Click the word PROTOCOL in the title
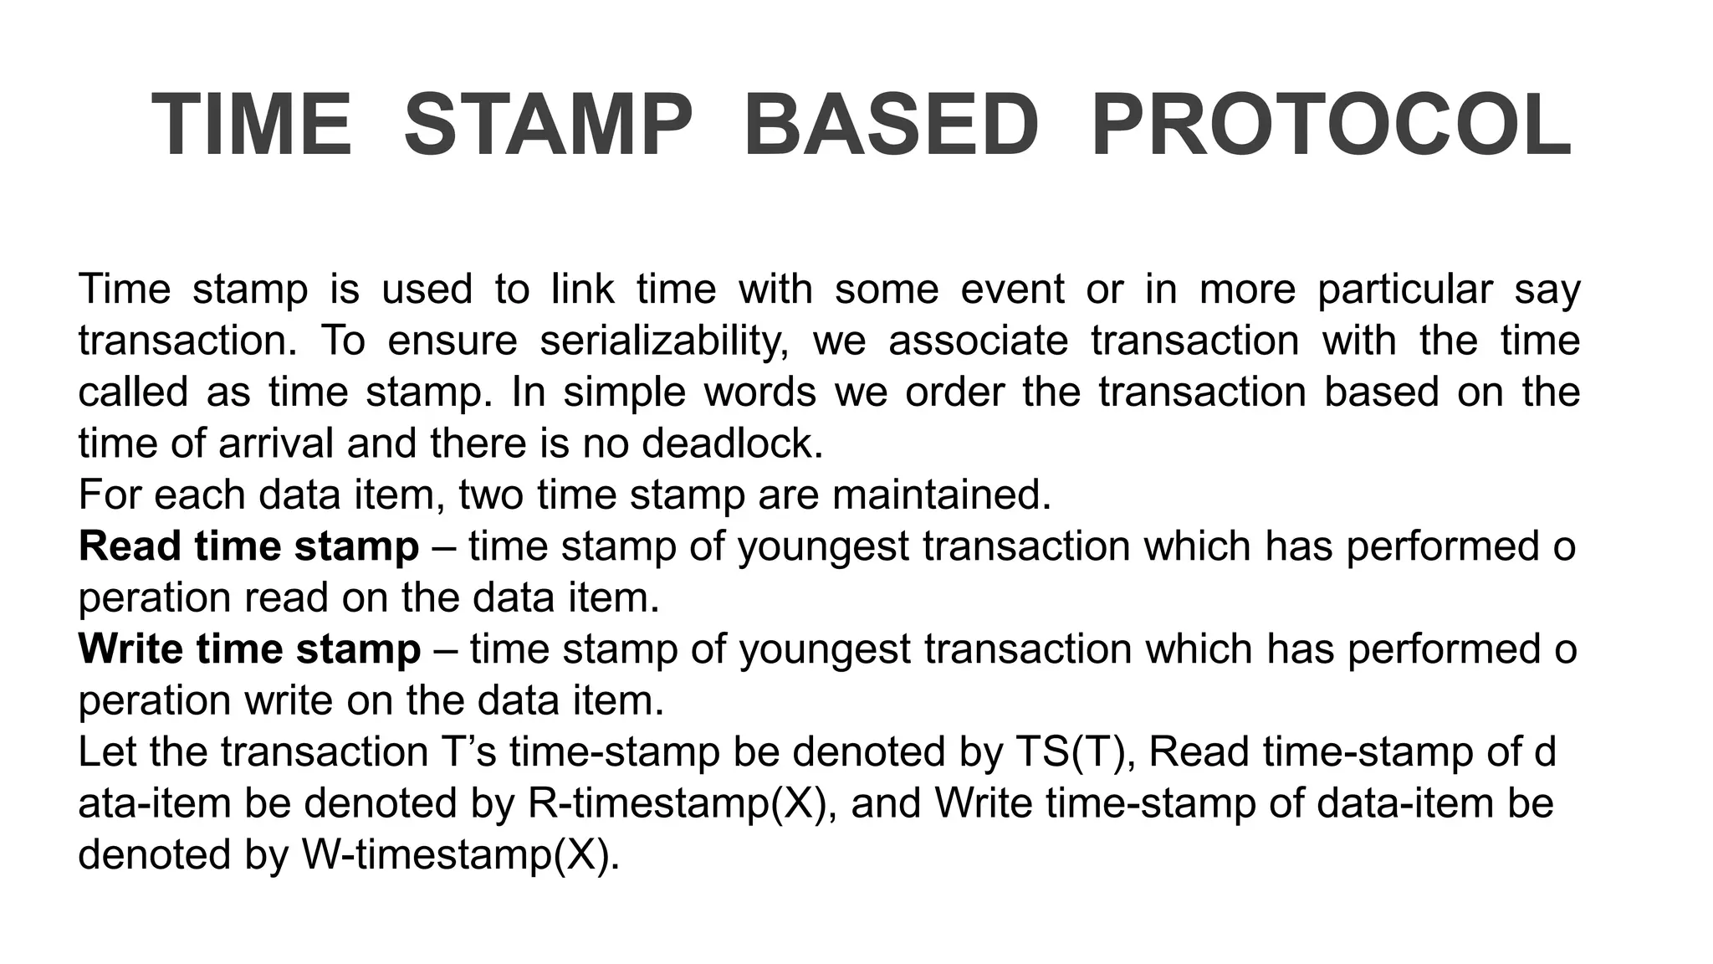(1332, 126)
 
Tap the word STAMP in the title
(548, 126)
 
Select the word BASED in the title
(892, 126)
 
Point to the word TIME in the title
(252, 126)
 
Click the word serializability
(664, 341)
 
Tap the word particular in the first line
(1405, 290)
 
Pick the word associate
(979, 341)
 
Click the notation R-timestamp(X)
(683, 803)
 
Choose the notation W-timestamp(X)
(460, 855)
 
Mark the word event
(1012, 290)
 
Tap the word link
(583, 290)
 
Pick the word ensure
(453, 341)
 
